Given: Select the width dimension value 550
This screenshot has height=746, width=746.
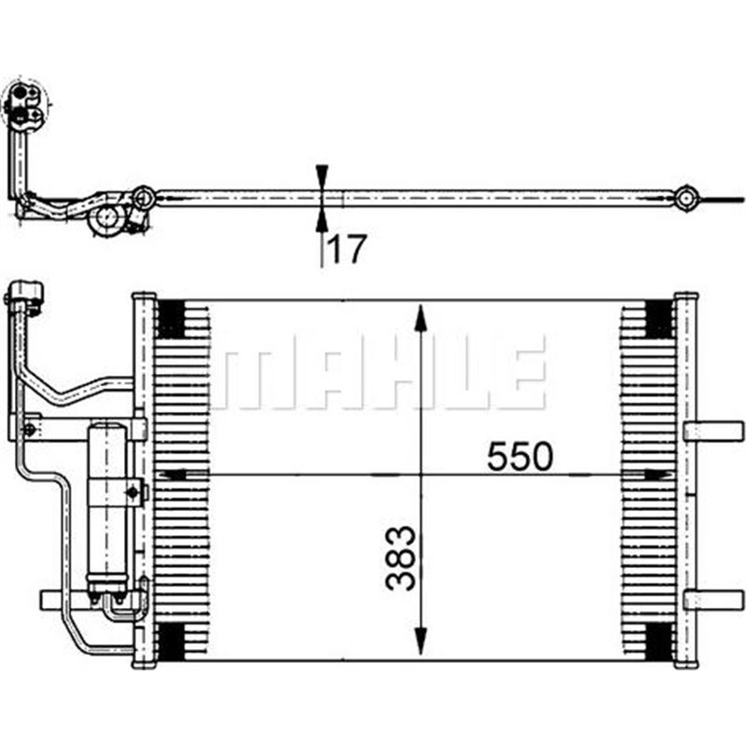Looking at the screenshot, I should [x=519, y=456].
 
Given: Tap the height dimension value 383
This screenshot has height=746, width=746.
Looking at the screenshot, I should [x=399, y=559].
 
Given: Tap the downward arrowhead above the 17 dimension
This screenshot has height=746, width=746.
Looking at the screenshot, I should [x=322, y=175].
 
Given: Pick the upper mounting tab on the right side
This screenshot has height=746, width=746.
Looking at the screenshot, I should [x=712, y=431].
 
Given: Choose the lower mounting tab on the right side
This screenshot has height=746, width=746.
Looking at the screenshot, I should [x=712, y=600].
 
